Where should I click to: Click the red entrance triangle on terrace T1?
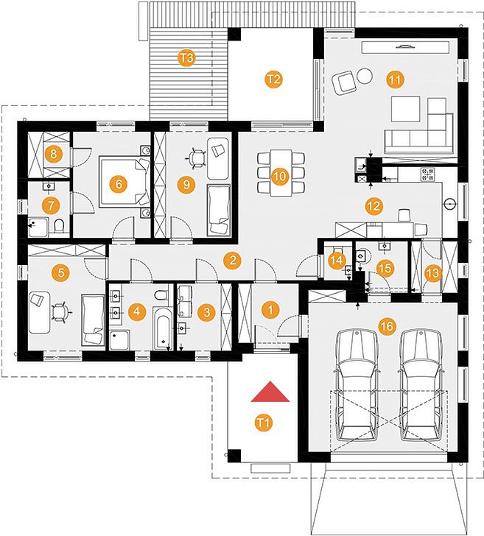pos(270,392)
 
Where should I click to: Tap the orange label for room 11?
pos(395,80)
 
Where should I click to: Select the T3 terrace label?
pos(186,57)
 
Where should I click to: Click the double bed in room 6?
pos(124,183)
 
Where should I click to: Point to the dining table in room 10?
pos(281,172)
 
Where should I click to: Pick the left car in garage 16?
pos(357,385)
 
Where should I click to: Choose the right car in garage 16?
pos(421,385)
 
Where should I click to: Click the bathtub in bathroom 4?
pos(163,328)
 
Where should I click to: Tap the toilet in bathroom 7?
pos(59,225)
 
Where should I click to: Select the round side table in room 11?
pos(365,77)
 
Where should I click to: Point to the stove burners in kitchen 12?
pos(428,174)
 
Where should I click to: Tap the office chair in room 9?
pos(196,158)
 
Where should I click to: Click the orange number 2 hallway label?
pos(232,261)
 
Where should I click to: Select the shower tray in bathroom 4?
pos(120,339)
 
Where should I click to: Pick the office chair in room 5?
pos(62,313)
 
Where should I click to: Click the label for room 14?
pos(337,261)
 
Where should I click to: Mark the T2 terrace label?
pos(274,80)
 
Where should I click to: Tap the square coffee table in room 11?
pos(406,109)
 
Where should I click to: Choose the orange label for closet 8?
pos(53,154)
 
